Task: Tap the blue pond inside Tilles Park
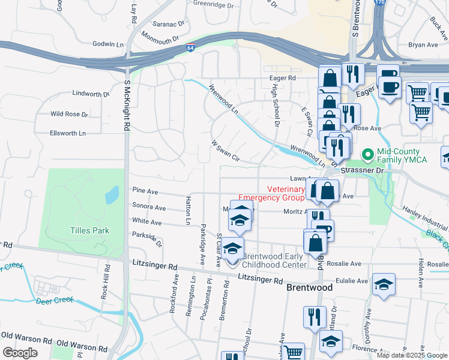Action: pyautogui.click(x=112, y=195)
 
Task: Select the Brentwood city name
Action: pyautogui.click(x=309, y=288)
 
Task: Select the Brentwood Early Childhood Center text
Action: pyautogui.click(x=274, y=260)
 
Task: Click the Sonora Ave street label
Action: pyautogui.click(x=149, y=207)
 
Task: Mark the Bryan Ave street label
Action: pyautogui.click(x=423, y=45)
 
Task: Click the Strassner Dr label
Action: pyautogui.click(x=361, y=170)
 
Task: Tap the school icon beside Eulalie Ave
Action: pyautogui.click(x=384, y=286)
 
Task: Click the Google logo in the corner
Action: pyautogui.click(x=20, y=353)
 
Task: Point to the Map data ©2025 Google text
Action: pyautogui.click(x=411, y=355)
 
